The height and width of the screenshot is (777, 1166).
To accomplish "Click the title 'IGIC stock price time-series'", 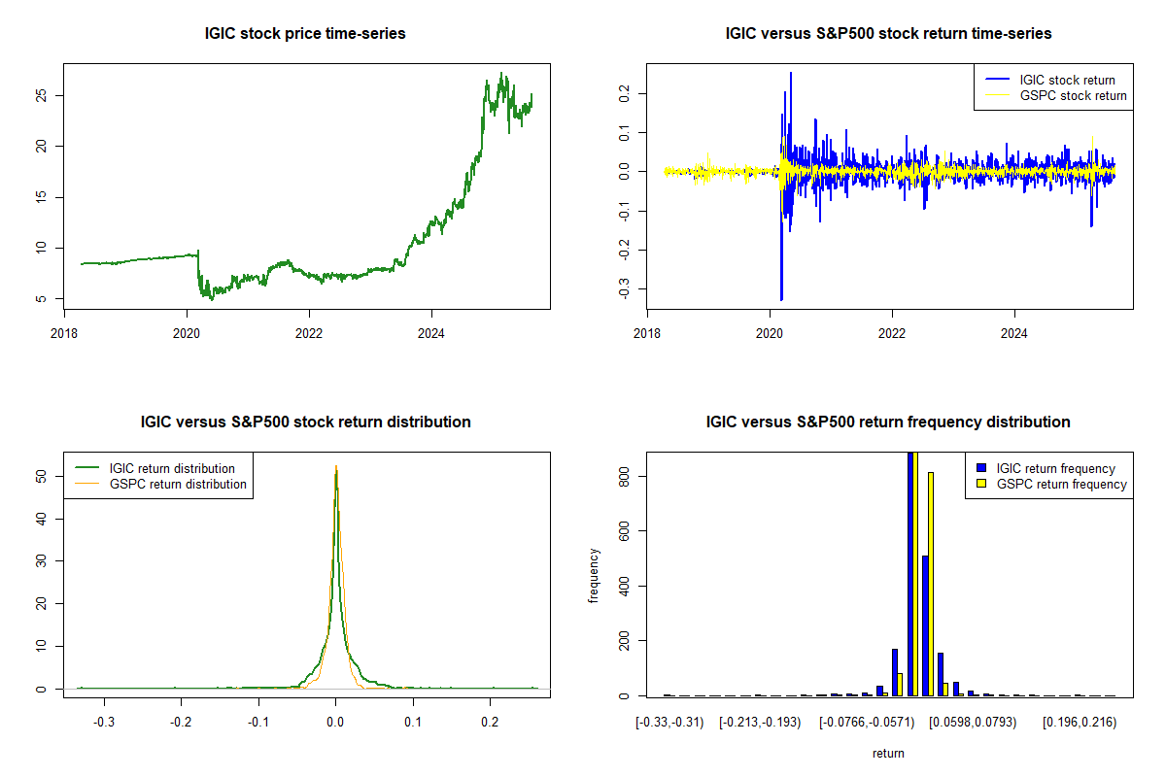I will tap(305, 34).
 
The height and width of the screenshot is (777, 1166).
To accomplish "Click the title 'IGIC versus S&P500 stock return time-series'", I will tap(888, 34).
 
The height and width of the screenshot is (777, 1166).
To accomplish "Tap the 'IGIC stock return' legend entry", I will tap(1066, 80).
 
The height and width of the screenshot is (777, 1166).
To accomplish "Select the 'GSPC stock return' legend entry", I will tap(1073, 95).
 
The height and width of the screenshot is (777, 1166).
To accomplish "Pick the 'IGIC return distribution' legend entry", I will tap(172, 468).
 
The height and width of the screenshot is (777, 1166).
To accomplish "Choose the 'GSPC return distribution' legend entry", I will tap(178, 484).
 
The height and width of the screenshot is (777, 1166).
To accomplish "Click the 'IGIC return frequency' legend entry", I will tap(1055, 468).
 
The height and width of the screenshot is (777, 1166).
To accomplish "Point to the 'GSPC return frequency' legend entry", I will tap(1061, 484).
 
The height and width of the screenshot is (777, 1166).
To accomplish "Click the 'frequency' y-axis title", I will tap(594, 575).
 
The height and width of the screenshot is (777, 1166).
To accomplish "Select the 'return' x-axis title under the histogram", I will tap(888, 753).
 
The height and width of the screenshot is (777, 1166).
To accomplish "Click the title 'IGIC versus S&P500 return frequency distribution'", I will tap(888, 422).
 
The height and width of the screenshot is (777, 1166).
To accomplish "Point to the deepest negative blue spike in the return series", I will tap(781, 298).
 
